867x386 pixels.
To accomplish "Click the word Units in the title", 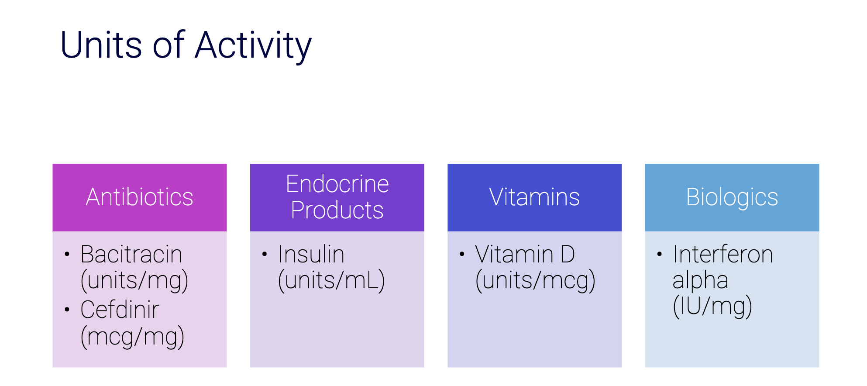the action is tap(101, 45).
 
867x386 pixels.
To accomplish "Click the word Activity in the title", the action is tap(253, 46).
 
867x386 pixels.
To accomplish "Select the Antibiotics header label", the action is tap(140, 197).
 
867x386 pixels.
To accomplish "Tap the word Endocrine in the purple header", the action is tap(337, 184).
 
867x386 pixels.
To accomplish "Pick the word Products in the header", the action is tap(337, 210).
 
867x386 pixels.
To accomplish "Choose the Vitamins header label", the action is tap(534, 197).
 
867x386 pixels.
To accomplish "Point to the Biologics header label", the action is tap(732, 198).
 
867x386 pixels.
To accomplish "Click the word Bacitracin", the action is tap(131, 254).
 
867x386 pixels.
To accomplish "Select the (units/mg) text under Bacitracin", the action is tap(134, 280).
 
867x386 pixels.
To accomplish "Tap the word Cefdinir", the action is tap(120, 310).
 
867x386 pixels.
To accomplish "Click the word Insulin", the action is tap(311, 254).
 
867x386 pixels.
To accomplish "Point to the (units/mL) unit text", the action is tap(332, 280).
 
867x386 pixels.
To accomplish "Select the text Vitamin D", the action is tap(525, 254).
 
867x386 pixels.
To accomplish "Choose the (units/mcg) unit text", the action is tap(536, 280).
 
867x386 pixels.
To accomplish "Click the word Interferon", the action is tap(723, 254).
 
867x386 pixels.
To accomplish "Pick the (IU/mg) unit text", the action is tap(712, 307).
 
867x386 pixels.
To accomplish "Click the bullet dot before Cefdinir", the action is tap(67, 310).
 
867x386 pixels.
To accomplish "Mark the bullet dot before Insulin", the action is tap(265, 254).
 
